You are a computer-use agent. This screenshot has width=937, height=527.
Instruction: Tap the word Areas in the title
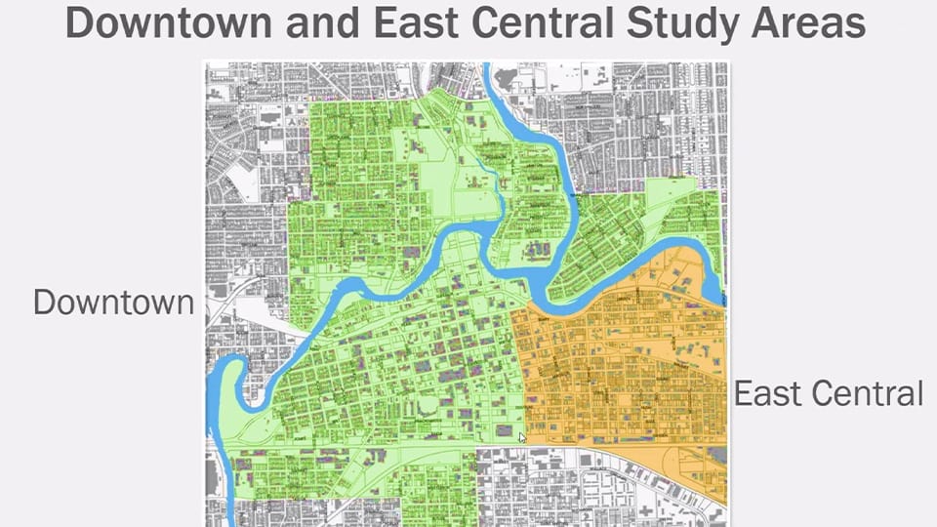[815, 22]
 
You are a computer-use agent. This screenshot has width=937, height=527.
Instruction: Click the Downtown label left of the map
[113, 302]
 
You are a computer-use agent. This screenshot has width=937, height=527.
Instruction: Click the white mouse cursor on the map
[523, 438]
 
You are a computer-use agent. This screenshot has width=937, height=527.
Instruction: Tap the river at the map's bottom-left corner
[227, 507]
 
